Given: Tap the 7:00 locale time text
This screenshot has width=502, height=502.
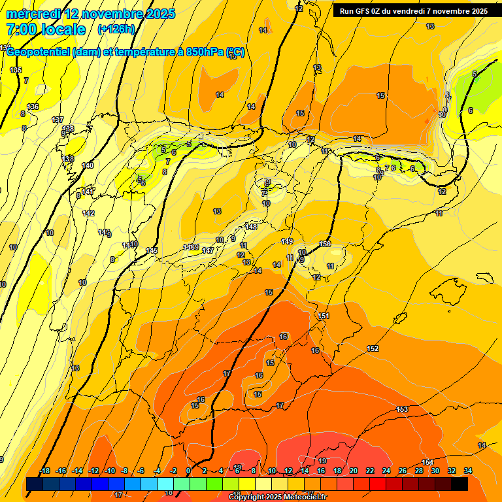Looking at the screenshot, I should pos(46,29).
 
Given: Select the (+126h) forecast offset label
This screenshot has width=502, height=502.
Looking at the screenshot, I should pos(116,29).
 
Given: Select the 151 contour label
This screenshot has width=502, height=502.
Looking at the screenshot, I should pos(323,316).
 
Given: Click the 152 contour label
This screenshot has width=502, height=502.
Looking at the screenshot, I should pos(373,348).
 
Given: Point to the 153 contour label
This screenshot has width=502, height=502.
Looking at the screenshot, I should pos(402,409).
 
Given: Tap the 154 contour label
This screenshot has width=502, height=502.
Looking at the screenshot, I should pos(427,462).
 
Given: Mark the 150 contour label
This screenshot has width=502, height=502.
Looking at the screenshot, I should pos(325,244).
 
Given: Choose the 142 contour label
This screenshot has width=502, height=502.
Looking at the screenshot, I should pos(88,213).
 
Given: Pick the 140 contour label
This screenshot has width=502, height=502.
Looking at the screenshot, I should pos(88,165).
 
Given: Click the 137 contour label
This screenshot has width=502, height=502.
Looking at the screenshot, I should pos(58,120).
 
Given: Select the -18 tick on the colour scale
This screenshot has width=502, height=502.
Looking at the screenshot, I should pos(44,471).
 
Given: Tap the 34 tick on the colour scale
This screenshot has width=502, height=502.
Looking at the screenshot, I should pos(468,471).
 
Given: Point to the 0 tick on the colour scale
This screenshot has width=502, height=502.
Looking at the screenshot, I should pos(188,471).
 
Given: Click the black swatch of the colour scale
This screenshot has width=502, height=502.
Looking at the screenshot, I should pos(460,484).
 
